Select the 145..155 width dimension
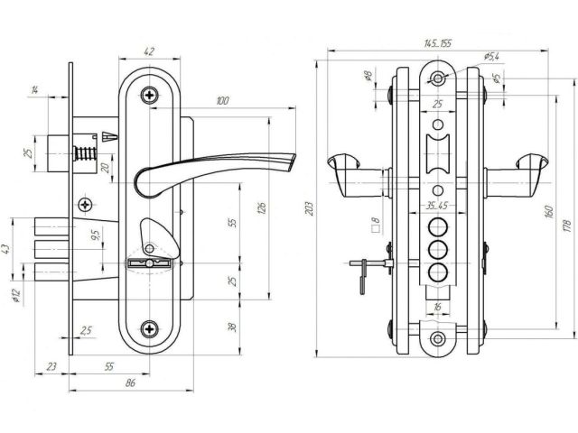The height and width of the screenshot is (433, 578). coord(437,42)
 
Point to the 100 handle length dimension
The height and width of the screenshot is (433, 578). coord(221,101)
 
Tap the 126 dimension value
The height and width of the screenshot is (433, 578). coord(263,209)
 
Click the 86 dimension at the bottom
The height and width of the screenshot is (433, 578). coord(130,383)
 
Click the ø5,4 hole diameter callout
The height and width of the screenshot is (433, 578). coord(491,57)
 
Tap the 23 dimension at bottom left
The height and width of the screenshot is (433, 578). coord(51,366)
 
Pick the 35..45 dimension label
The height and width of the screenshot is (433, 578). coord(437,206)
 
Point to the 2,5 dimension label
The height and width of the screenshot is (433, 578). coord(86,331)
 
